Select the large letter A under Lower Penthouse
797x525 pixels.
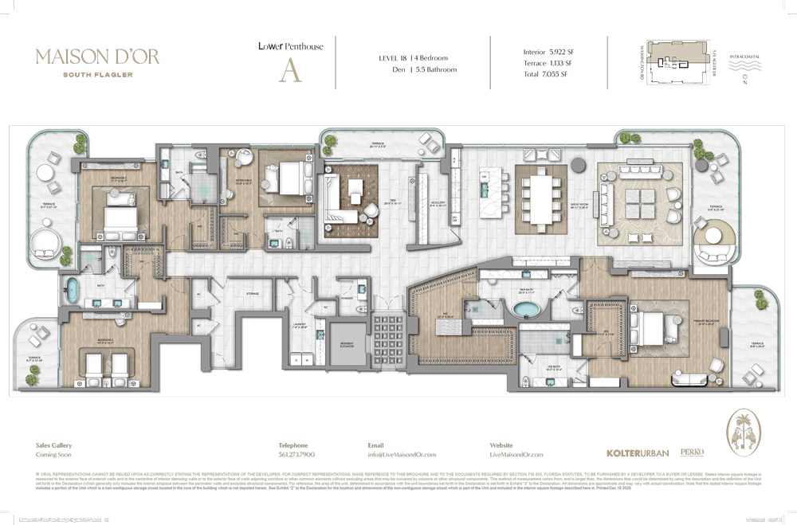coord(289,70)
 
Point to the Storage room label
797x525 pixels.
coord(253,293)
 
